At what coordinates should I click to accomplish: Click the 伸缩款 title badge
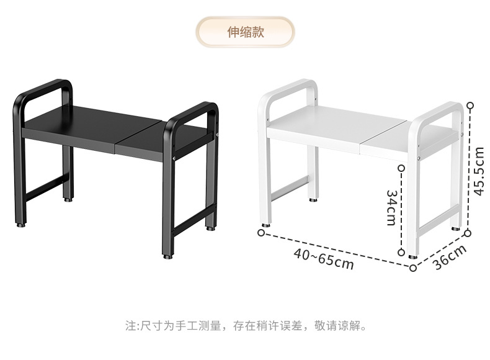(245, 32)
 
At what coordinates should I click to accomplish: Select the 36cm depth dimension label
(449, 256)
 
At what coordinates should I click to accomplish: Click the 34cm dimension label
(391, 207)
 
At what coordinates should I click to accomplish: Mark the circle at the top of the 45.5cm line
(470, 106)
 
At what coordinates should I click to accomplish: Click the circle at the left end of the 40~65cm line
(261, 233)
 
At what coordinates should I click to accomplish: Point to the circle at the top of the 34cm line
(402, 168)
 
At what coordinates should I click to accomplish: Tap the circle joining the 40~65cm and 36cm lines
(413, 268)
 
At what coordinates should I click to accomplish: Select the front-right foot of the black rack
(167, 254)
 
